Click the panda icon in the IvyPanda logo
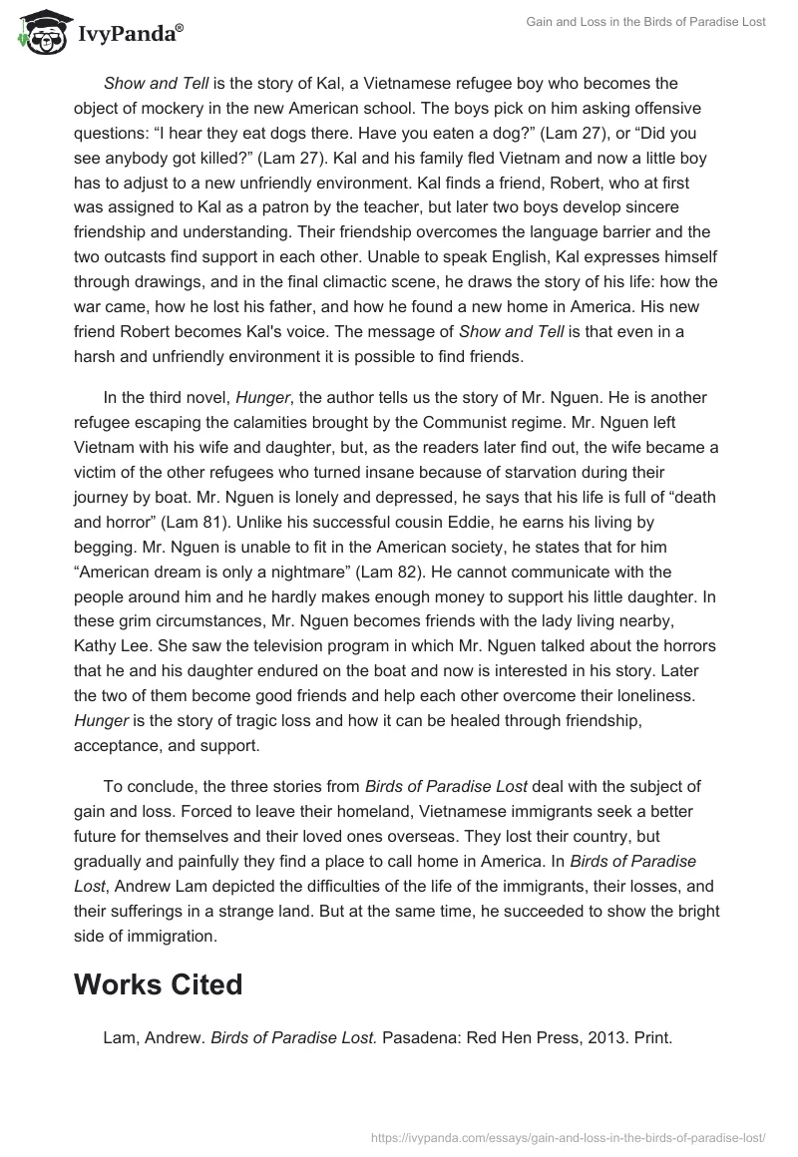[x=39, y=33]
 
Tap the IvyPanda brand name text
[x=129, y=35]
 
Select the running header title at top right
[x=646, y=22]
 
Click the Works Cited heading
[x=159, y=984]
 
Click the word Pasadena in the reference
[x=420, y=1037]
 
